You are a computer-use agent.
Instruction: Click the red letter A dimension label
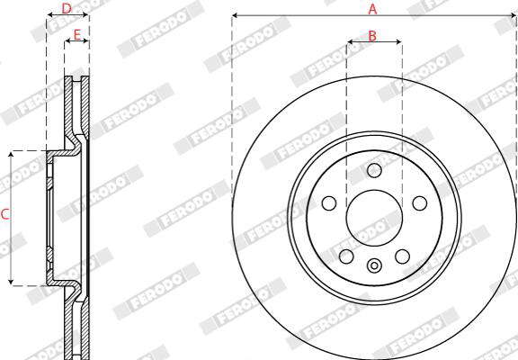(x=372, y=9)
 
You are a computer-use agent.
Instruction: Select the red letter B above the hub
(x=372, y=36)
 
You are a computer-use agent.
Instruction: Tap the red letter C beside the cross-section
(x=5, y=214)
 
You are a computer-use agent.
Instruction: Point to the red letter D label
(x=67, y=9)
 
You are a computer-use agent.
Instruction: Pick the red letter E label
(x=77, y=35)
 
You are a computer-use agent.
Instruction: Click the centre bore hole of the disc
(x=374, y=218)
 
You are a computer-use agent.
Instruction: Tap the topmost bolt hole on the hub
(x=374, y=170)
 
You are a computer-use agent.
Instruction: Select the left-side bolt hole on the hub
(x=329, y=203)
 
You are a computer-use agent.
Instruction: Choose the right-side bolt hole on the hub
(x=420, y=203)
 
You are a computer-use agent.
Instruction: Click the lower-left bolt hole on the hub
(x=346, y=256)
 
